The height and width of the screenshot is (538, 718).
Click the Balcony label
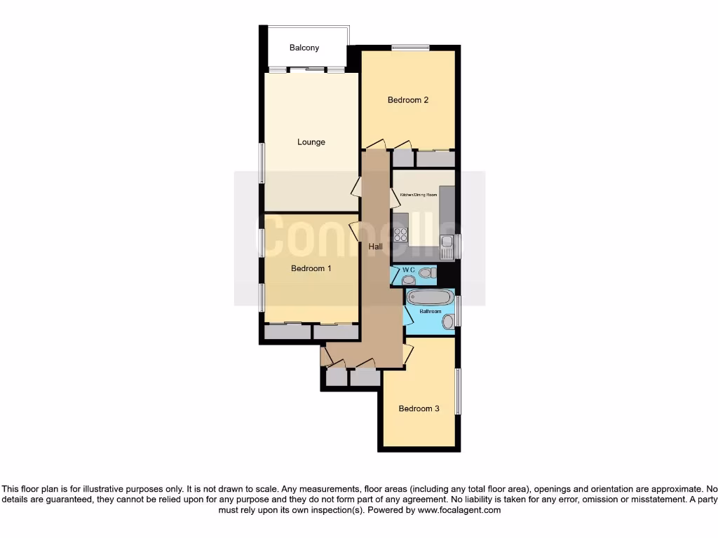[304, 48]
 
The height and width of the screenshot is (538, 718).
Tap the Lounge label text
[311, 142]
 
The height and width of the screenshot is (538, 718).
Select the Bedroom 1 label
[311, 268]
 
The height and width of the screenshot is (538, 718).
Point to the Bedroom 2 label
[408, 100]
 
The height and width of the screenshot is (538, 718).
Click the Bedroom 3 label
[419, 408]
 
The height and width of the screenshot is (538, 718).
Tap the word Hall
[376, 247]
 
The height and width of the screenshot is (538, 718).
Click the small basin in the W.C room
[408, 280]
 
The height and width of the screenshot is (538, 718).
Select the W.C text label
[409, 270]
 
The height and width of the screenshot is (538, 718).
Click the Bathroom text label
[430, 311]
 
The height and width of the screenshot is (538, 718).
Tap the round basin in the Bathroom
[447, 322]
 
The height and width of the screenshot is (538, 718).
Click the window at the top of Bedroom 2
[410, 48]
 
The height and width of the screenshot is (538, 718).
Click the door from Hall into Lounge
[356, 186]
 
